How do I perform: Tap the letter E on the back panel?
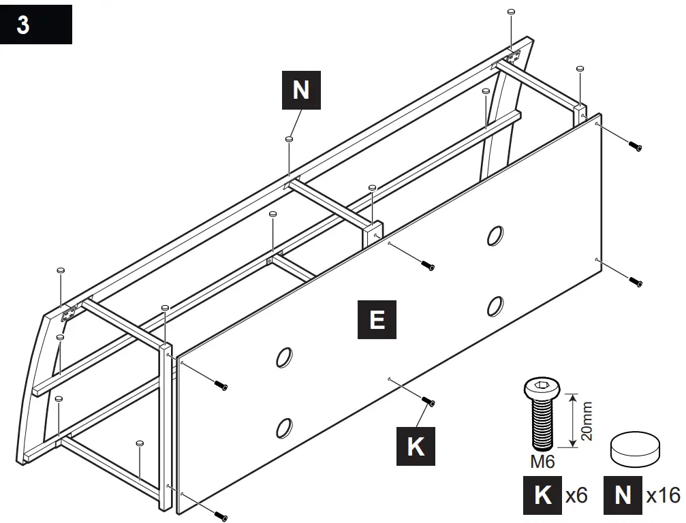pyautogui.click(x=377, y=319)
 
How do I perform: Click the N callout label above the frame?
pyautogui.click(x=300, y=91)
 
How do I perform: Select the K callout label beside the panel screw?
pyautogui.click(x=416, y=447)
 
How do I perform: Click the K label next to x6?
pyautogui.click(x=543, y=495)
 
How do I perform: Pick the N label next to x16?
pyautogui.click(x=623, y=495)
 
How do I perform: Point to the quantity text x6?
pyautogui.click(x=577, y=495)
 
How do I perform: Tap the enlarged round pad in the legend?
pyautogui.click(x=636, y=447)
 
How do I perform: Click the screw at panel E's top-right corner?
pyautogui.click(x=635, y=146)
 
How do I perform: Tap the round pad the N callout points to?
pyautogui.click(x=290, y=139)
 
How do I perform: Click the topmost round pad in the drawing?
pyautogui.click(x=511, y=12)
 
